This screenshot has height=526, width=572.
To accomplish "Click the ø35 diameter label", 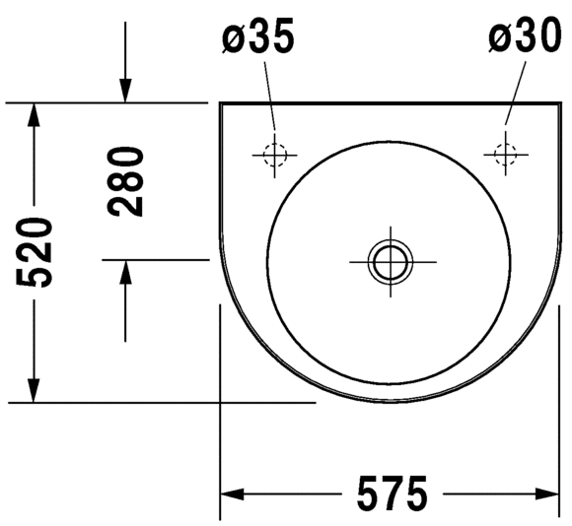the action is tap(258, 36).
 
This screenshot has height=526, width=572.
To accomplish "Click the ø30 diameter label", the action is tap(525, 35).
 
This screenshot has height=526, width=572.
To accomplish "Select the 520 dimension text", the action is tap(34, 252).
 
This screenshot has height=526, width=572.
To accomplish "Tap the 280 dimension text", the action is tap(125, 182).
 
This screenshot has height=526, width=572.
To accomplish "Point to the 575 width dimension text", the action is tap(392, 493).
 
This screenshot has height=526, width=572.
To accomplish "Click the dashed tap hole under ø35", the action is tap(275, 156).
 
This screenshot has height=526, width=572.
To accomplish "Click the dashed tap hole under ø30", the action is tap(505, 154).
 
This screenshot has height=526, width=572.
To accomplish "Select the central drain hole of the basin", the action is tap(391, 262).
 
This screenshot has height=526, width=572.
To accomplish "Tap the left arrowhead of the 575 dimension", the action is tap(232, 494).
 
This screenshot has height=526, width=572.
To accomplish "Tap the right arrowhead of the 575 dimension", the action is tap(546, 494).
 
